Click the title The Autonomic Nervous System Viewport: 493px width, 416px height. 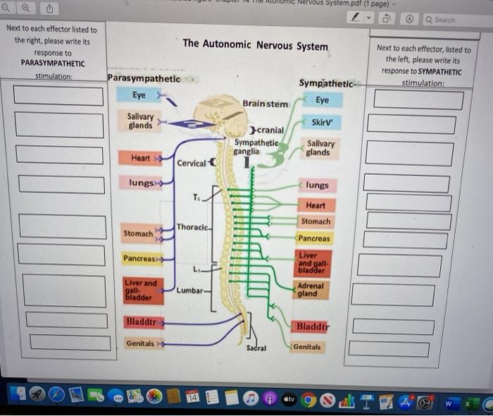point(255,45)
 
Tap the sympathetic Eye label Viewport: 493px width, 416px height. point(323,101)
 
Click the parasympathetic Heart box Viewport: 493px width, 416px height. point(140,158)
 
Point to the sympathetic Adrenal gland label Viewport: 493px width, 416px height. point(311,290)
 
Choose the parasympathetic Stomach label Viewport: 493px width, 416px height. point(138,233)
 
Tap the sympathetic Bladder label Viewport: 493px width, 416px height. point(312,327)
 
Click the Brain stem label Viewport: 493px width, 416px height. point(265,104)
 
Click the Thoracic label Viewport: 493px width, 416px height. point(192,227)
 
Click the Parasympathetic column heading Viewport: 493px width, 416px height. point(144,78)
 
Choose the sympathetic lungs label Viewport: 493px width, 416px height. point(317,185)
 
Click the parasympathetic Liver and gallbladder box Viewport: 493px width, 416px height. point(141,290)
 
